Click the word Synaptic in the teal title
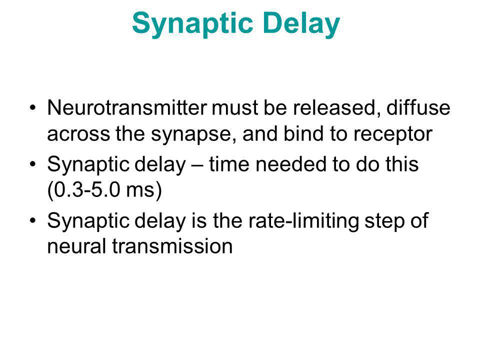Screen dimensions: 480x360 click(192, 24)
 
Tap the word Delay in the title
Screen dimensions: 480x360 click(301, 24)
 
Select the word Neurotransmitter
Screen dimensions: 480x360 click(127, 108)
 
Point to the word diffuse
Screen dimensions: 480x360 click(418, 108)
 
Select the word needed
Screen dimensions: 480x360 click(291, 164)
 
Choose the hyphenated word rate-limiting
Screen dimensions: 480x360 click(303, 221)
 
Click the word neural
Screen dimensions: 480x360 click(77, 246)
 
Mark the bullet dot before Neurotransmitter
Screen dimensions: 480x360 click(33, 108)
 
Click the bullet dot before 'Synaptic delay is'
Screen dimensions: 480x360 click(33, 220)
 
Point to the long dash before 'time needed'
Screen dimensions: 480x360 click(197, 165)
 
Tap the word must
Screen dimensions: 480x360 click(234, 108)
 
